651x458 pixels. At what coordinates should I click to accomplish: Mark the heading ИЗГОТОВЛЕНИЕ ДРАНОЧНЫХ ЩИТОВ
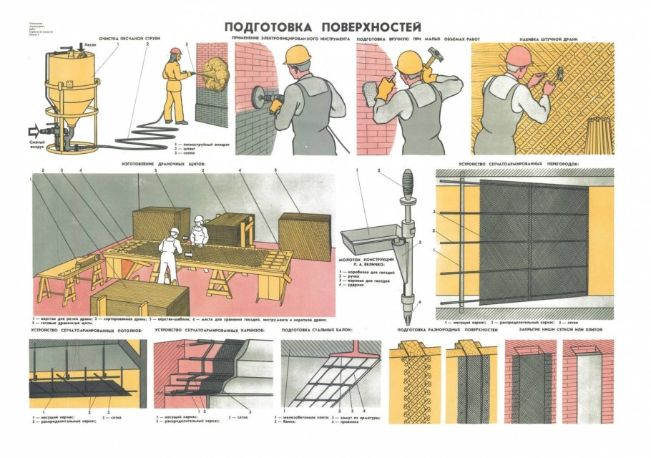click(164, 164)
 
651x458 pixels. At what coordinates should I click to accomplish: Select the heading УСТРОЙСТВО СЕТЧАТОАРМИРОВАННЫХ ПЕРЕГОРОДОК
click(518, 164)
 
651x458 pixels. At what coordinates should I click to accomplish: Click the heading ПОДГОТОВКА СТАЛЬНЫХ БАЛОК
click(318, 330)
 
